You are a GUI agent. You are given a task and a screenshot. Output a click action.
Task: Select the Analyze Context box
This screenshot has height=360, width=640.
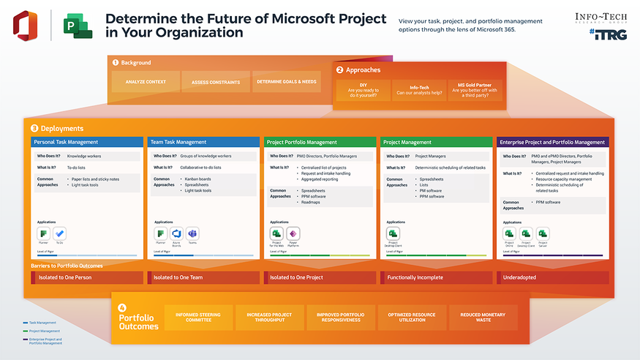(146, 82)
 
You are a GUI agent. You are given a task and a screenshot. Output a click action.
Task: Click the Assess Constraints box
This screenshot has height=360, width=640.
(215, 82)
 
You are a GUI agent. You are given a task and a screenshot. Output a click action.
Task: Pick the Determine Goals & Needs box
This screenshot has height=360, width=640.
(286, 82)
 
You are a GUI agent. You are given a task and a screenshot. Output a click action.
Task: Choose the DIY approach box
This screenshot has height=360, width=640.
(363, 91)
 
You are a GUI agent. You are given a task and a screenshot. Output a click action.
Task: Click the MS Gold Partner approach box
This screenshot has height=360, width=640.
(475, 91)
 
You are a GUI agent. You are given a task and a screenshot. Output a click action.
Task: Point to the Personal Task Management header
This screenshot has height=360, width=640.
(87, 142)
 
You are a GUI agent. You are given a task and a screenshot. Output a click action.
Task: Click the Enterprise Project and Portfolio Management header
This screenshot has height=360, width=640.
(552, 142)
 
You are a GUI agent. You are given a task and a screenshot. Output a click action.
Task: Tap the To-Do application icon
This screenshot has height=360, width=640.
(59, 233)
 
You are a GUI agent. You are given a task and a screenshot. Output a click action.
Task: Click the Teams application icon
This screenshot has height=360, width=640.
(193, 233)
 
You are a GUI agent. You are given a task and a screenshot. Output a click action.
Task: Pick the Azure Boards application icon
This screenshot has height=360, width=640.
(176, 233)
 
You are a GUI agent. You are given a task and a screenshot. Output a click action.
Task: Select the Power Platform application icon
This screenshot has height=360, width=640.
(293, 233)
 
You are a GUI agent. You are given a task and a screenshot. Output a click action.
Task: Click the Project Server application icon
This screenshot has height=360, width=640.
(543, 233)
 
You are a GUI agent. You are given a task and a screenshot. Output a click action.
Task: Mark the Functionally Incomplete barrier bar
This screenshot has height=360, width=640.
(437, 278)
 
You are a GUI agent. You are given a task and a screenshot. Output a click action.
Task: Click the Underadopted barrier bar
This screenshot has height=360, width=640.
(552, 278)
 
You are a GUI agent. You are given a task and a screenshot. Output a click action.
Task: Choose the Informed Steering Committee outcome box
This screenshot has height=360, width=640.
(198, 318)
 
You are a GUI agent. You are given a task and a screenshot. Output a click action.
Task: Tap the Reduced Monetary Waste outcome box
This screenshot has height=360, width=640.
(483, 318)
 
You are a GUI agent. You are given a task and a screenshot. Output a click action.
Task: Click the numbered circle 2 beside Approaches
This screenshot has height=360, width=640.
(340, 70)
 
